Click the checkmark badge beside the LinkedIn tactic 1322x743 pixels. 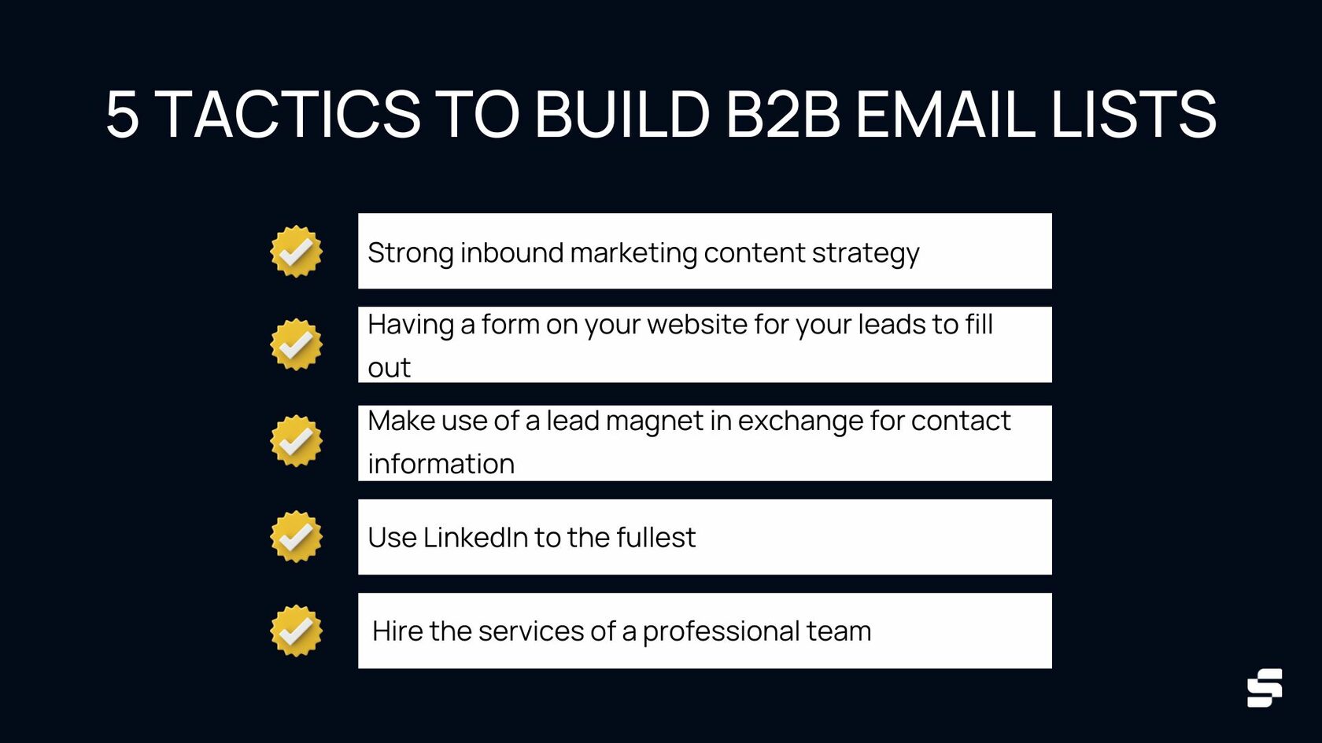296,537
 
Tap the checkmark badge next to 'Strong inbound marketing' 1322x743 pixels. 296,252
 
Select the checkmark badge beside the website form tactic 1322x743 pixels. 296,344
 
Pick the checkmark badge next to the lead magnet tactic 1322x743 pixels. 296,441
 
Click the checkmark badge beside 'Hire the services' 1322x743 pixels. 296,631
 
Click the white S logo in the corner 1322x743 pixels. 1265,688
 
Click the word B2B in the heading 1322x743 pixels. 782,115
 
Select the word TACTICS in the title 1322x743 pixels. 290,115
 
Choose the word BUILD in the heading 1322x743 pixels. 622,115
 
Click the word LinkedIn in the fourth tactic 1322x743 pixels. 475,538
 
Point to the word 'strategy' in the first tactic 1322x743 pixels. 865,254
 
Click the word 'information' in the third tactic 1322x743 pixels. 441,464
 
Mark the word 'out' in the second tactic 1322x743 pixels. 389,368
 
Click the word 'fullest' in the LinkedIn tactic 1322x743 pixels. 655,538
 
